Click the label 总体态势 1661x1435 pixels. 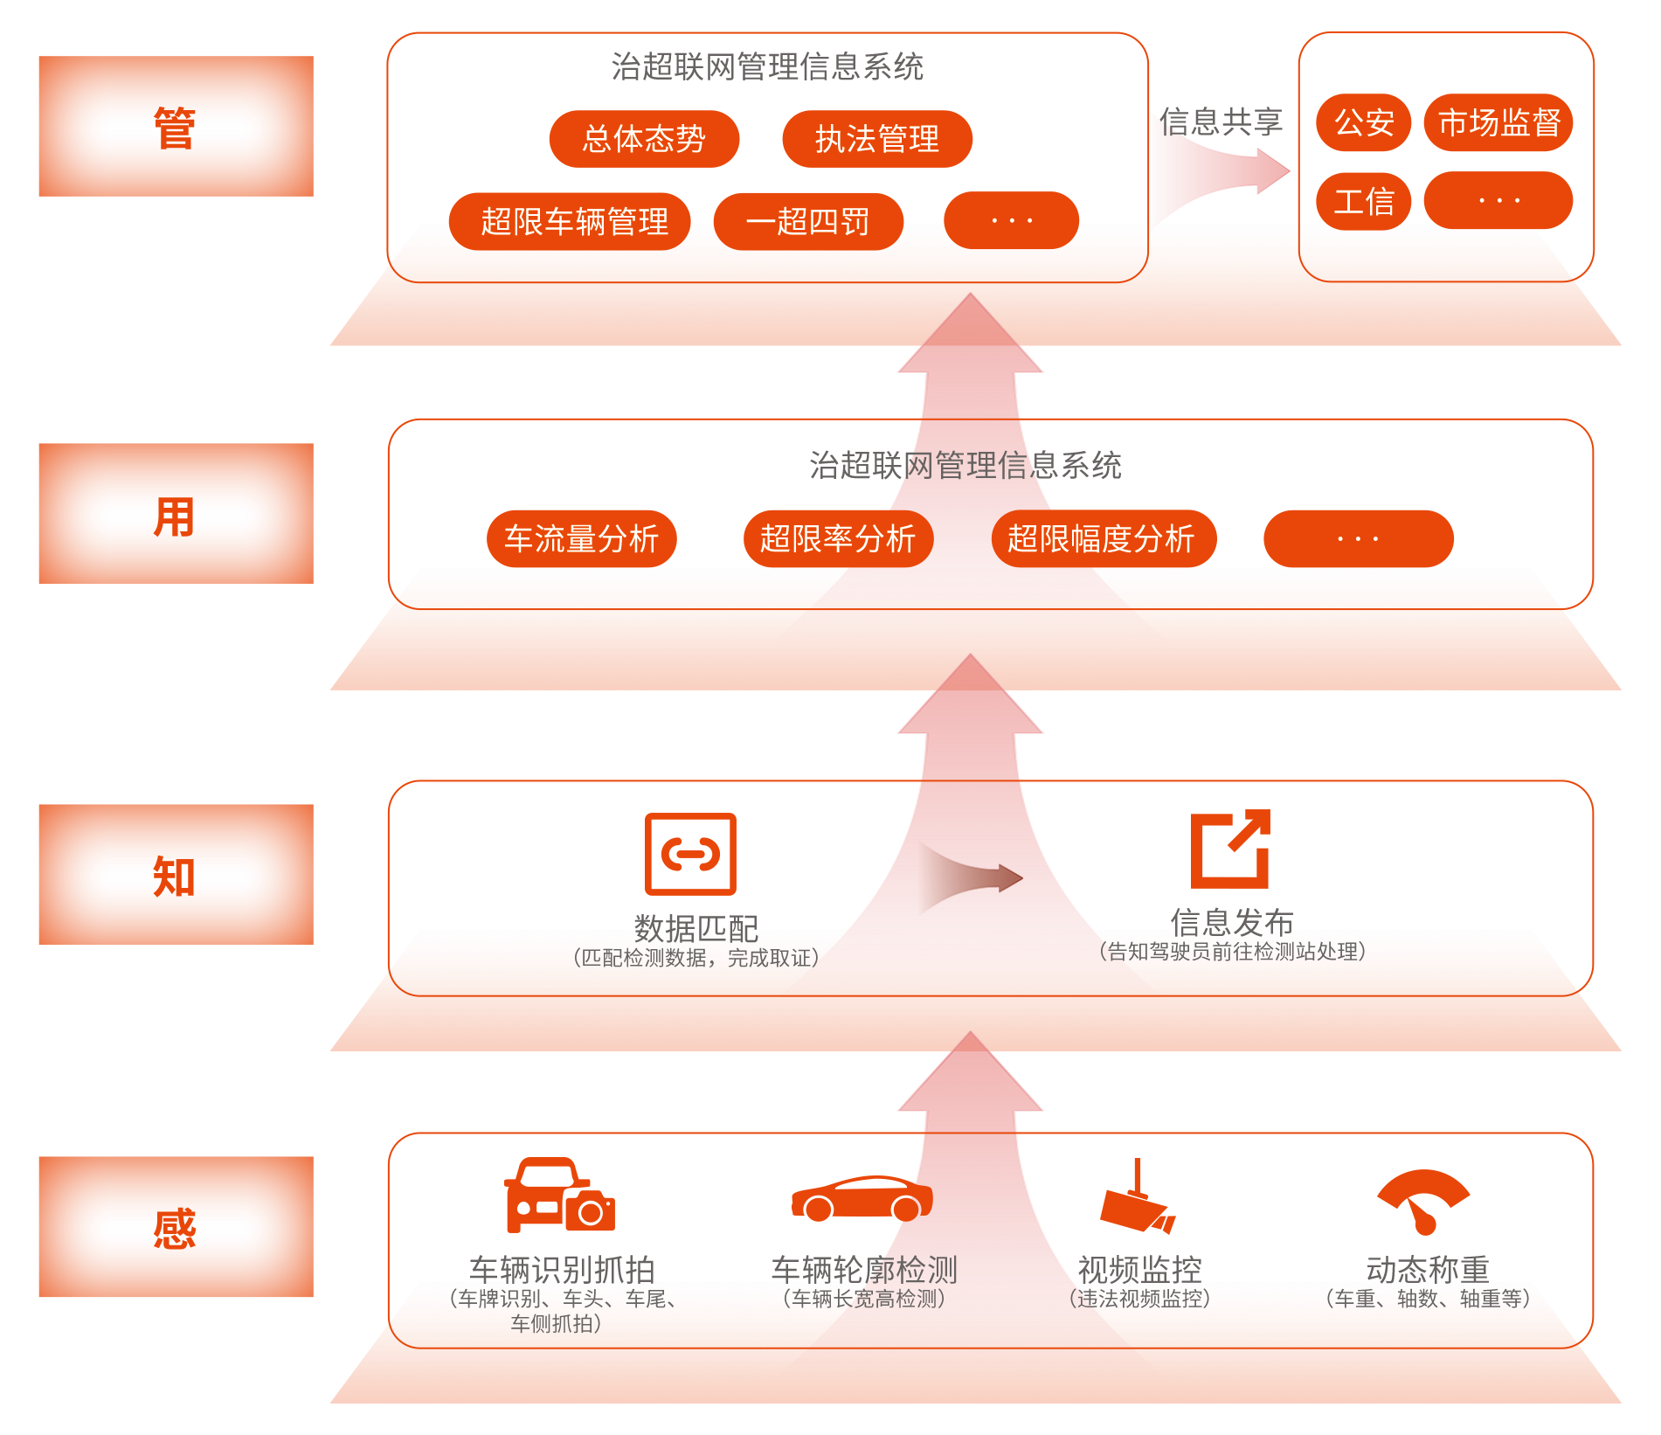coord(644,139)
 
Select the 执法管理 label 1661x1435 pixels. coord(876,139)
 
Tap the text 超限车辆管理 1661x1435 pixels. coord(574,222)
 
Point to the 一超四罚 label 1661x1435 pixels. coord(807,222)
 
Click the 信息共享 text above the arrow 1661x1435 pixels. coord(1221,121)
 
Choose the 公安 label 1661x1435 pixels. coord(1364,122)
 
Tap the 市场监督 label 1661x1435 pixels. coord(1499,122)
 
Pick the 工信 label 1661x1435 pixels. coord(1364,202)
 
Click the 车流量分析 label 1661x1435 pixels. coord(581,538)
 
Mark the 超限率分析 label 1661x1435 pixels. coord(837,538)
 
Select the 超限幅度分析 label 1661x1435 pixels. coord(1100,538)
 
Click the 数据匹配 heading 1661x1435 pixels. coord(696,927)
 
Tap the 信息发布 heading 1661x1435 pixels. coord(1232,920)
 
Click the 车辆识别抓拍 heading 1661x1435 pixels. coord(562,1268)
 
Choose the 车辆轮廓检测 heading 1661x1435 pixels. coord(864,1268)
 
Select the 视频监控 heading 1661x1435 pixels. coord(1139,1268)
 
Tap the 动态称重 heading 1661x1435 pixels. coord(1428,1268)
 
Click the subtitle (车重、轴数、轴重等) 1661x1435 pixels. coord(1428,1299)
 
